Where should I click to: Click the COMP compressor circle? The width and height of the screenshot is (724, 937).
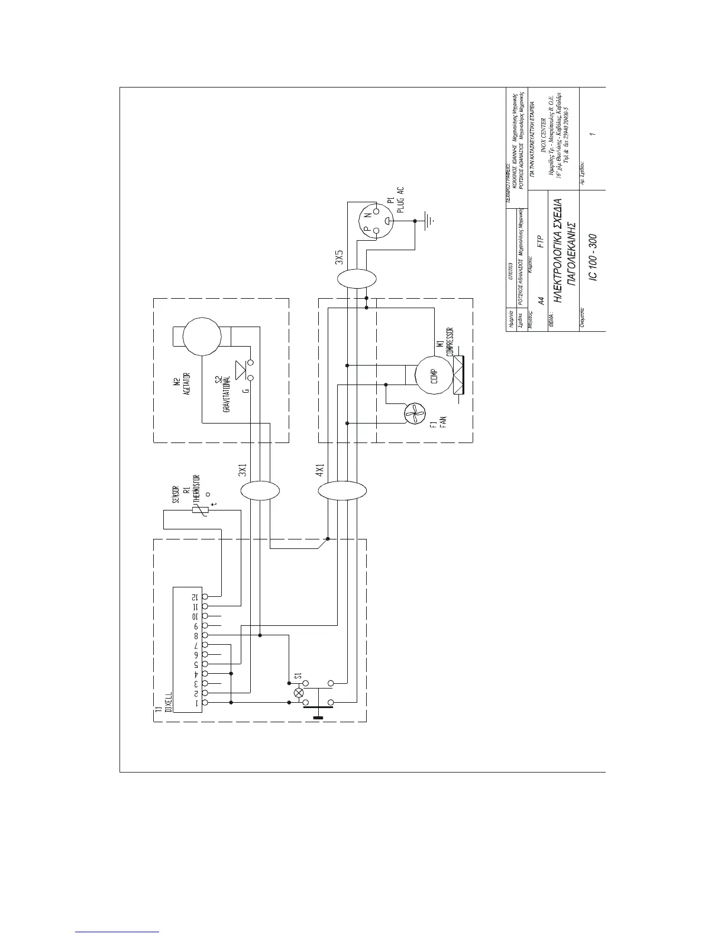coord(434,373)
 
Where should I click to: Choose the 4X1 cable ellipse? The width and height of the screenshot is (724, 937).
coord(342,491)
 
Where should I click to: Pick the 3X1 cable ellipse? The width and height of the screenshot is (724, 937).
coord(260,491)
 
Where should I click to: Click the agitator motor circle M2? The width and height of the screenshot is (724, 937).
coord(201,336)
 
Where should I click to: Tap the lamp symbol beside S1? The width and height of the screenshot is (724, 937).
coord(299,692)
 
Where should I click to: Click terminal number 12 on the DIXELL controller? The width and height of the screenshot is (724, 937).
coord(205,597)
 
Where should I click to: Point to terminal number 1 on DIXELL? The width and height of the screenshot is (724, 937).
coord(205,702)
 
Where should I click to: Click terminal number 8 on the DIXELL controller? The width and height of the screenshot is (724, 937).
coord(205,635)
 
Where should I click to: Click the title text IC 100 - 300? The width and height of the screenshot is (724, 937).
coord(593,257)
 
